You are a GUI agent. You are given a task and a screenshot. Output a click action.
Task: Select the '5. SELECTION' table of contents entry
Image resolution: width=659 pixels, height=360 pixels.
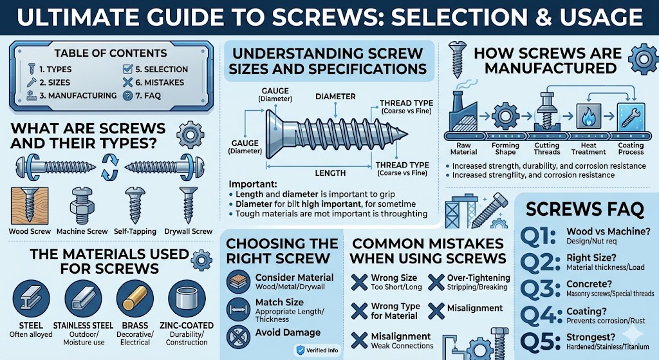click(x=162, y=69)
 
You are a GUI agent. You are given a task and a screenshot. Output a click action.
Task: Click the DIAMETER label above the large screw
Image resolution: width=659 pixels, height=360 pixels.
click(x=335, y=96)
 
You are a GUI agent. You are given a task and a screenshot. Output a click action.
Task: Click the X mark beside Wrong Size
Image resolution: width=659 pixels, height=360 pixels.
click(x=360, y=281)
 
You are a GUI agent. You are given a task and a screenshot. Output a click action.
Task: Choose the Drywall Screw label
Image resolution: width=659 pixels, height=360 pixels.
click(x=187, y=231)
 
